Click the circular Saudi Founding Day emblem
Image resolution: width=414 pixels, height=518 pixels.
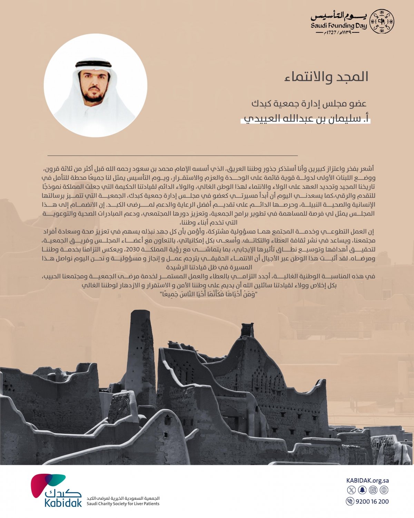[x=382, y=21]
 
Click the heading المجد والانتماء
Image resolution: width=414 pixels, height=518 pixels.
[x=326, y=77]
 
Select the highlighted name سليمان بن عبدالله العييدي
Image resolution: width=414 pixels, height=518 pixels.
[x=305, y=118]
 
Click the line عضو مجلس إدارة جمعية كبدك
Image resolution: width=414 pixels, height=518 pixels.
[x=309, y=103]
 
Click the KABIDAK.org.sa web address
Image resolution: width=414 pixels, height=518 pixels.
[x=367, y=480]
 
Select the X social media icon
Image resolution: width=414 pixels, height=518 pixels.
[x=351, y=490]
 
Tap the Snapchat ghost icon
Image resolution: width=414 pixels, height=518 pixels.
[x=362, y=490]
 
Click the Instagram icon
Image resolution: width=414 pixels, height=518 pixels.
[x=373, y=490]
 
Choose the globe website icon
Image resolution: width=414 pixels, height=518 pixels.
[x=384, y=490]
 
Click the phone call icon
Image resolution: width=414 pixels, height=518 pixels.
[x=350, y=501]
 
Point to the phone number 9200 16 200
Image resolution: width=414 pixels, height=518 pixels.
[x=372, y=501]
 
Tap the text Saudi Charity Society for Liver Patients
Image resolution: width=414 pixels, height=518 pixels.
[x=123, y=504]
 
